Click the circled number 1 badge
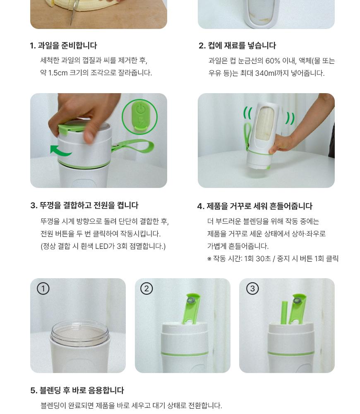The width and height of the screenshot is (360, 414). click(43, 288)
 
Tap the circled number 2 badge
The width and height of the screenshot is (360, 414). click(146, 288)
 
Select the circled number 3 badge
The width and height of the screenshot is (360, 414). click(252, 288)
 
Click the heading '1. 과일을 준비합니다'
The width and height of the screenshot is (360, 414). click(63, 46)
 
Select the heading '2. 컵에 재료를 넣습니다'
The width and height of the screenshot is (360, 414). click(237, 46)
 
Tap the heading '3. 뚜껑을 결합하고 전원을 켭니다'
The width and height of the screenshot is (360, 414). click(84, 205)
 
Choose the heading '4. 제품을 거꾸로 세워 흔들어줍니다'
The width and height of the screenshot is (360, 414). click(255, 206)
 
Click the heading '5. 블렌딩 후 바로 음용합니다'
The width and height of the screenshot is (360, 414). click(77, 390)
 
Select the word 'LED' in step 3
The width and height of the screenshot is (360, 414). click(101, 246)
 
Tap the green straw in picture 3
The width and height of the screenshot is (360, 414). click(285, 313)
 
